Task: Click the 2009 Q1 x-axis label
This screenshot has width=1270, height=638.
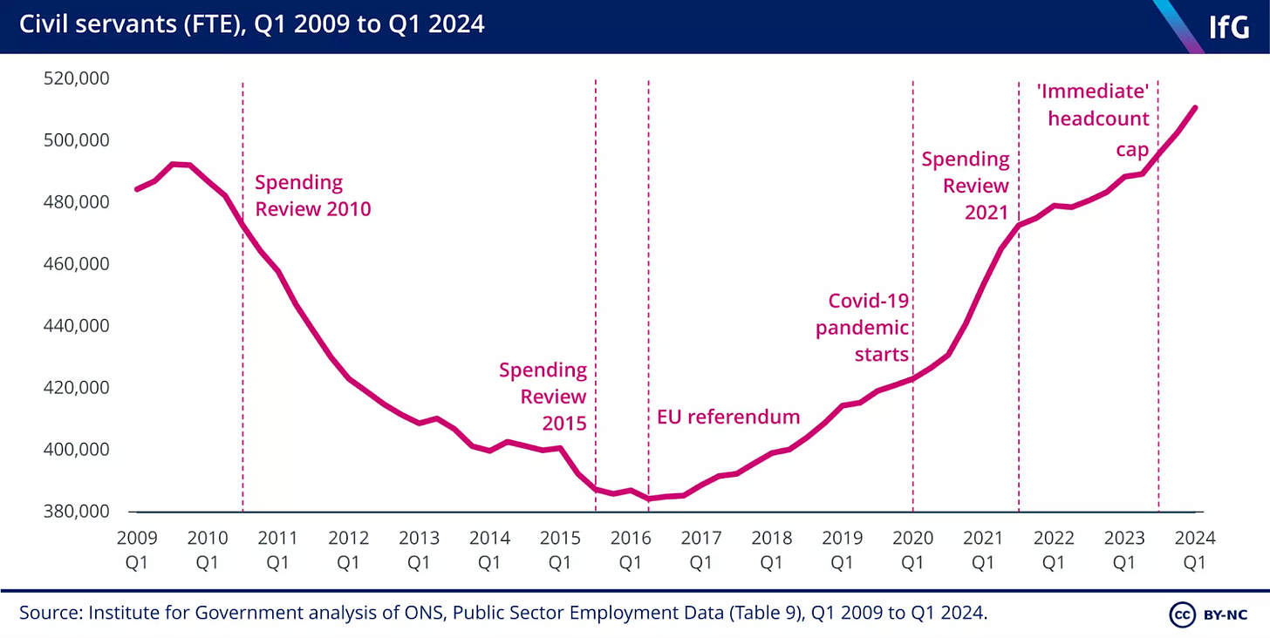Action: [136, 550]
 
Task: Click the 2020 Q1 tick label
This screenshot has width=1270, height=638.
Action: [912, 550]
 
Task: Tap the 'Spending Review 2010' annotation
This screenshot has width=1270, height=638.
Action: [312, 196]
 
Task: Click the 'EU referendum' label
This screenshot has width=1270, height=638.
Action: [727, 417]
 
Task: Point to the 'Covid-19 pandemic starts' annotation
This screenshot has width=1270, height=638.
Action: [864, 329]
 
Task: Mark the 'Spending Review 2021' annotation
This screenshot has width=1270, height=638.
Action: [966, 186]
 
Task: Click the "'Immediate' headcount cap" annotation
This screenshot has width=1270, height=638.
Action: [1098, 118]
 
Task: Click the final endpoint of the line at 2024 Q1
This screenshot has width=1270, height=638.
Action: [1195, 107]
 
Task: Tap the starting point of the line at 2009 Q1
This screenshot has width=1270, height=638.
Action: [137, 189]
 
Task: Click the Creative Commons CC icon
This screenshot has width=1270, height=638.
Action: [1181, 614]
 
